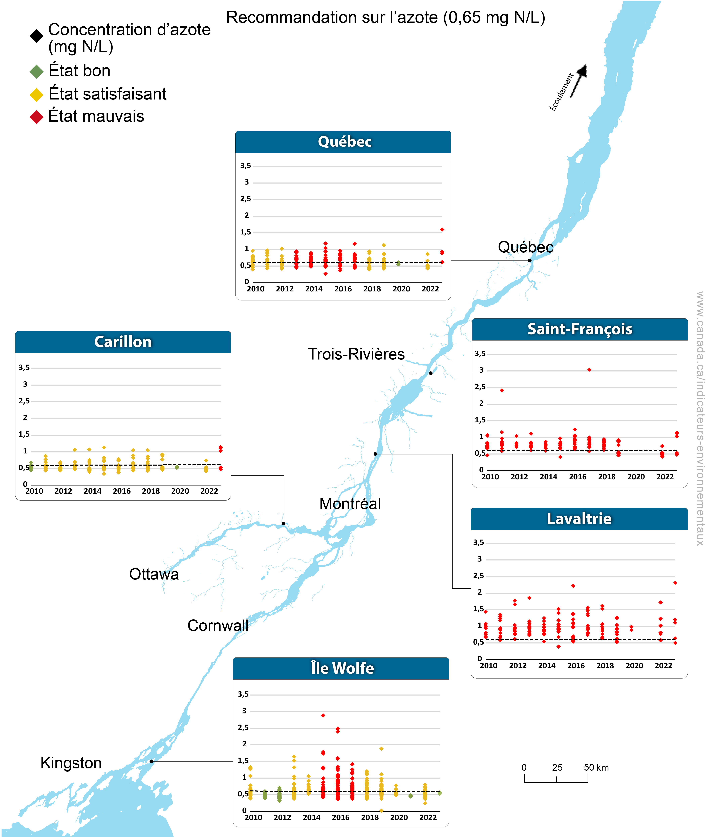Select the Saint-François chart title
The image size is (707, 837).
pos(580,329)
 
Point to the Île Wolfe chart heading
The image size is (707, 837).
pos(342,668)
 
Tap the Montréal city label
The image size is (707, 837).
pos(350,504)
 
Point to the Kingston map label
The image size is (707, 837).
pos(71,763)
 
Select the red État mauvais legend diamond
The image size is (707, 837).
pos(36,117)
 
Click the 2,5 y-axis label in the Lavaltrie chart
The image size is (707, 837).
pos(479,576)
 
